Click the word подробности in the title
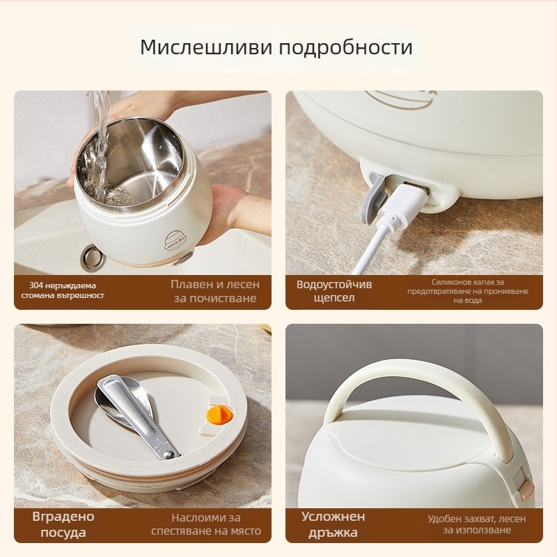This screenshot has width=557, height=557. point(346,47)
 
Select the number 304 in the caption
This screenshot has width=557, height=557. point(36,285)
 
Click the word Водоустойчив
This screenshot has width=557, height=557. point(334,285)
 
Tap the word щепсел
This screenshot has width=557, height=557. point(334,297)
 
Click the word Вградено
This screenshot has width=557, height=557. point(63,517)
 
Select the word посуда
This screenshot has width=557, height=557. point(63,532)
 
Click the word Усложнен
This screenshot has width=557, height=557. point(334,516)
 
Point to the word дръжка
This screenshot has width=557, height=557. point(334,532)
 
